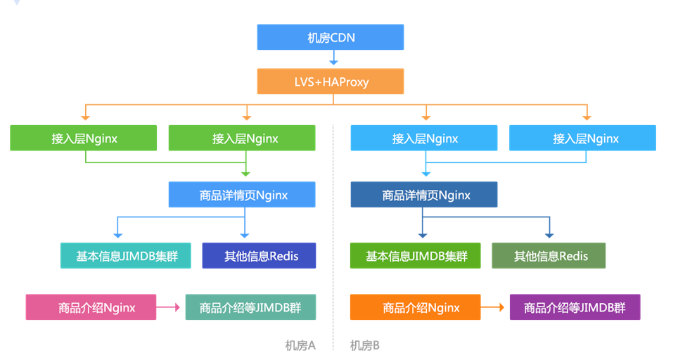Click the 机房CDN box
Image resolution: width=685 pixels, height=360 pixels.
tap(331, 37)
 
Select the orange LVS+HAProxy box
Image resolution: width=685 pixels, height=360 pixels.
tap(331, 82)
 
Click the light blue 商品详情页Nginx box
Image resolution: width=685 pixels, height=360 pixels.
tap(243, 195)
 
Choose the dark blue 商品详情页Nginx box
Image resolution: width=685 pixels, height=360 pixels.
tap(424, 195)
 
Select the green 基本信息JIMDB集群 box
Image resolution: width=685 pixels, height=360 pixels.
tap(416, 256)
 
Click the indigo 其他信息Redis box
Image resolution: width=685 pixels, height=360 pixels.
tap(259, 256)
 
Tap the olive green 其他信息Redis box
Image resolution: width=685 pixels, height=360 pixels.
tap(549, 256)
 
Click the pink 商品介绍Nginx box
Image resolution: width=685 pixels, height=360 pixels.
tap(91, 307)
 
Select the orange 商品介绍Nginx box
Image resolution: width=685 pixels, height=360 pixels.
tap(416, 307)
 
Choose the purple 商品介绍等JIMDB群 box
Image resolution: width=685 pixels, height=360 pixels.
tap(575, 307)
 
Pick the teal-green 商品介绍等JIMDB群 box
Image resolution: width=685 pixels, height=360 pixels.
tap(250, 307)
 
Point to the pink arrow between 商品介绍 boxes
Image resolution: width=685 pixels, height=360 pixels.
tap(169, 307)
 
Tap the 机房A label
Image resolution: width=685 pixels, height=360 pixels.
tap(300, 345)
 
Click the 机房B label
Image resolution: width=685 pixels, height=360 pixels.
tap(365, 345)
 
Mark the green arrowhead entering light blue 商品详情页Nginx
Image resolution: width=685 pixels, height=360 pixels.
tap(245, 172)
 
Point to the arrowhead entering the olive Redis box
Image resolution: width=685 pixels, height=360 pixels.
tap(549, 235)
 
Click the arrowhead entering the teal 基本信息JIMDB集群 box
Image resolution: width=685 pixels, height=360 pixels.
tap(117, 235)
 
